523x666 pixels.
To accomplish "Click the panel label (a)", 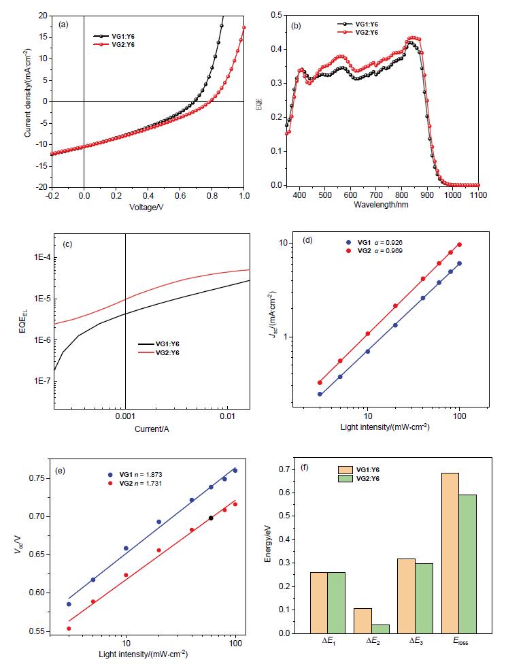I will coord(64,24).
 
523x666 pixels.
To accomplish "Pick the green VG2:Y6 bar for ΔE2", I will coord(382,629).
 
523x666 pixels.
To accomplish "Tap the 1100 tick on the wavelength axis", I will coord(478,195).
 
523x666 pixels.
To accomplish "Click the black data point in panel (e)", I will coord(211,518).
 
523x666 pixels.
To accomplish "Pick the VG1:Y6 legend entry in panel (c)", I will coord(169,344).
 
